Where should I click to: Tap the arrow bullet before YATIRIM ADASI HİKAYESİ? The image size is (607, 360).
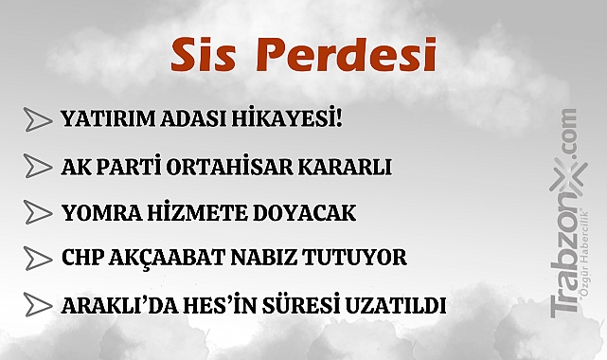click(x=36, y=120)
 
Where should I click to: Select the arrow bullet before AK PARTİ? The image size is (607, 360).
click(x=36, y=167)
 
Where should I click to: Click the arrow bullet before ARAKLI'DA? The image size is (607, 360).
click(x=36, y=305)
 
